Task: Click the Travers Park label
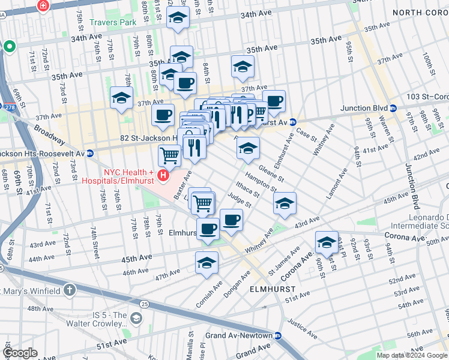(112, 23)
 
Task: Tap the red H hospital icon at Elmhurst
(163, 176)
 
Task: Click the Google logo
(20, 353)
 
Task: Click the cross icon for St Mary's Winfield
(70, 291)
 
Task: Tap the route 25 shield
(145, 304)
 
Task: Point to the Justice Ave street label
(302, 324)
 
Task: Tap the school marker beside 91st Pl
(327, 242)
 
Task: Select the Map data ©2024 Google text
(412, 355)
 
